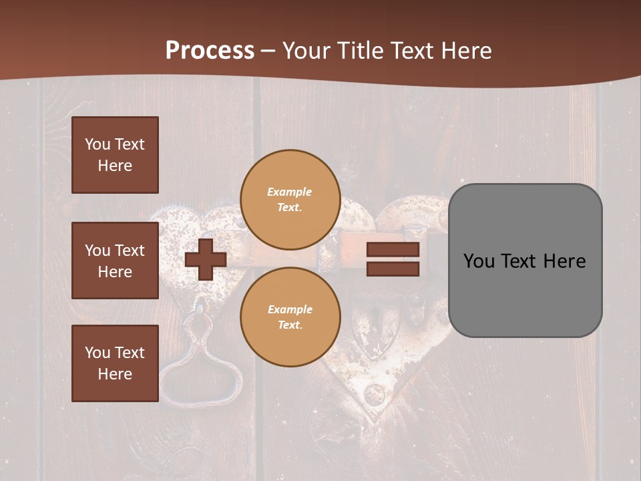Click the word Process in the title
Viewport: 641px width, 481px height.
pos(210,51)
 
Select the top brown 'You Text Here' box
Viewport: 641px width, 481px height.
pos(115,155)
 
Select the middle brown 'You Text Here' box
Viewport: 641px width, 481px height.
pos(115,261)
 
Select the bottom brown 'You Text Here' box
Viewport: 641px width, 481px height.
pos(115,363)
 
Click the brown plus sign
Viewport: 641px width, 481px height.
pos(205,259)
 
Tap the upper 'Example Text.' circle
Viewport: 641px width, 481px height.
pos(290,200)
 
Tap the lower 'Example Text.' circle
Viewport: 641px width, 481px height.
pos(290,317)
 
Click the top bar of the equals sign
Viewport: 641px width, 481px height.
pos(393,250)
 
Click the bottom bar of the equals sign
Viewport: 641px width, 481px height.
pos(393,269)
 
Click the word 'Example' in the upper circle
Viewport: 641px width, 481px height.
pos(290,192)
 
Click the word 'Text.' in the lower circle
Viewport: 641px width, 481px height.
pos(290,325)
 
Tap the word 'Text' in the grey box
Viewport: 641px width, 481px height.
pos(521,261)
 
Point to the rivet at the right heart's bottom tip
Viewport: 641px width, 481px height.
pos(375,395)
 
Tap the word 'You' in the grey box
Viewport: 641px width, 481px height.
pos(479,261)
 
